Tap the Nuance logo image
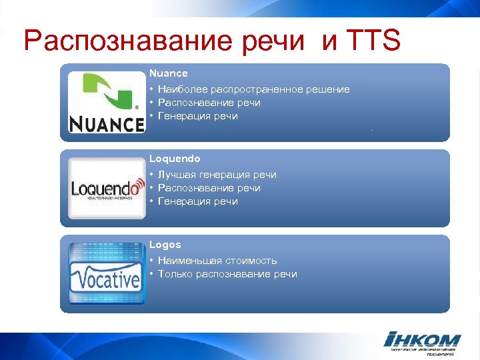pyautogui.click(x=107, y=102)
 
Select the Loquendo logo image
pyautogui.click(x=107, y=189)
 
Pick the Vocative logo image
pyautogui.click(x=106, y=274)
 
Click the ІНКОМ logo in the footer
pyautogui.click(x=423, y=340)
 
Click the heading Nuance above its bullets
pyautogui.click(x=169, y=73)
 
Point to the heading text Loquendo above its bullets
pyautogui.click(x=175, y=159)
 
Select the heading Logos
pyautogui.click(x=165, y=245)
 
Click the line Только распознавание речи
pyautogui.click(x=227, y=274)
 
